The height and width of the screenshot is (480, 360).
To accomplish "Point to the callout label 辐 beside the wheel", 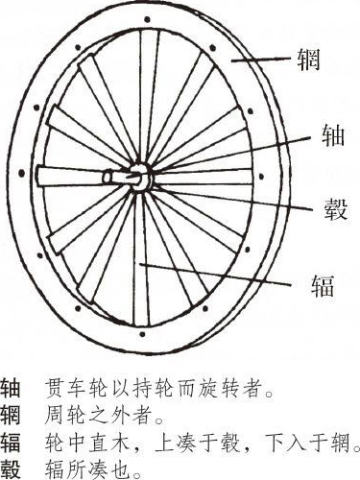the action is coord(323,285).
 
